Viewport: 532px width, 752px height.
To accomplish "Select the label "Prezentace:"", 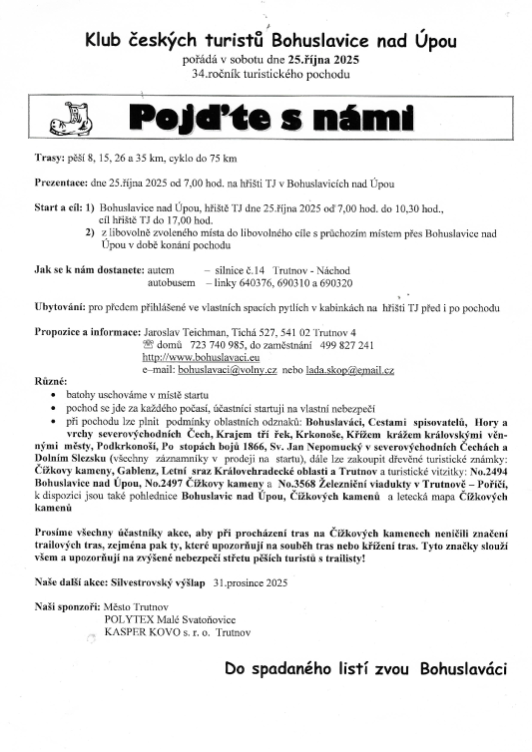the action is [x=63, y=185].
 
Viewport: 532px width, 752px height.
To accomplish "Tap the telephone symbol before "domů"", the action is [x=150, y=345].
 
